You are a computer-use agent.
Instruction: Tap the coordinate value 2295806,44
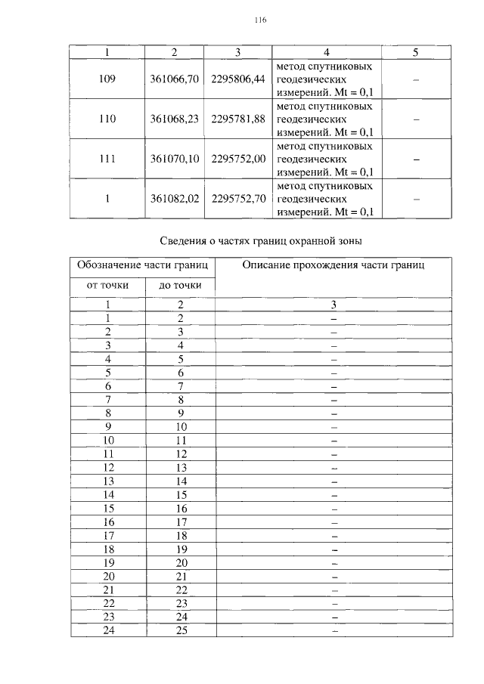[238, 79]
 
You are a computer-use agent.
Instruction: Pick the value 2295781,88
[238, 119]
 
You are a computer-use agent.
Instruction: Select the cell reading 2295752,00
[238, 159]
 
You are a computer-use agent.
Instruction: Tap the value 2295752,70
[238, 199]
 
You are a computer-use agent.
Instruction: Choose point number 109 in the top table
[107, 79]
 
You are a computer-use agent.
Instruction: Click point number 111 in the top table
[107, 159]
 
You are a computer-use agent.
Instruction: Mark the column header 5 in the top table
[416, 52]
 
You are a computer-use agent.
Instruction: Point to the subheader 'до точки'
[179, 285]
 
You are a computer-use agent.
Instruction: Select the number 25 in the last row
[181, 630]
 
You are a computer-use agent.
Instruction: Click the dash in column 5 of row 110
[416, 119]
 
